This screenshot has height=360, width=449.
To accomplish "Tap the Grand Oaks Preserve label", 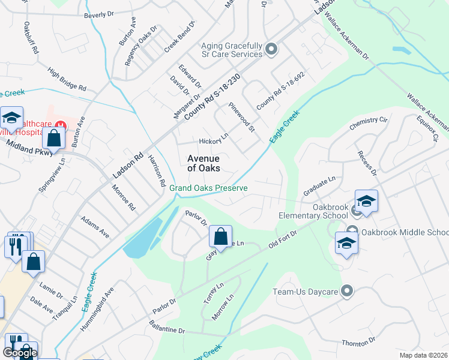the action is point(208,188).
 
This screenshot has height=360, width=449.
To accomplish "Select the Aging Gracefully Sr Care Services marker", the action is point(271,49).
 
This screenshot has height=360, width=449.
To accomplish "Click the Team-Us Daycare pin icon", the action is point(346,292).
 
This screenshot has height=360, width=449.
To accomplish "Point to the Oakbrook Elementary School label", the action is point(313,211).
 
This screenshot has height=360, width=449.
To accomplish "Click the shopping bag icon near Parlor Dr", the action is point(220,236).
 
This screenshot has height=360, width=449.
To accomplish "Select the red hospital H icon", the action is point(59,125).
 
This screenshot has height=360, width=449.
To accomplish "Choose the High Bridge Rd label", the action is point(67,79).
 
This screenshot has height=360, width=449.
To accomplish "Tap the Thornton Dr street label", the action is point(358,341).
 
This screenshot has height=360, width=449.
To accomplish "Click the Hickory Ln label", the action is point(214,139).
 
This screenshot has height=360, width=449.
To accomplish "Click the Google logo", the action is point(20,353).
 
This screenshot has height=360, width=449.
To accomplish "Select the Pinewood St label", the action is point(243,116).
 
